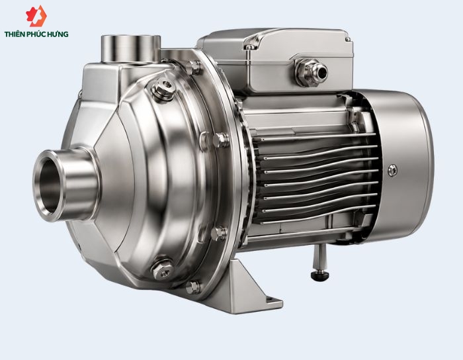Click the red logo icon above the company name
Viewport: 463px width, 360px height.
pos(36,16)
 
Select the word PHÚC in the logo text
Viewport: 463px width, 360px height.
pos(38,34)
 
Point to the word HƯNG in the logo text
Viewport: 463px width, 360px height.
pos(60,34)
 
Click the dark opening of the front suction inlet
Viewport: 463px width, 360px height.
pos(50,185)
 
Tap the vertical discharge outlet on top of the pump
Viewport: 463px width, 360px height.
pos(130,49)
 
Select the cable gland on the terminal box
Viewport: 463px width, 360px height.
pos(312,72)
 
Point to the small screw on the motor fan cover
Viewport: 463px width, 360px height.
pos(392,170)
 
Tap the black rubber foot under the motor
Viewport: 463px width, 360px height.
pos(319,275)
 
